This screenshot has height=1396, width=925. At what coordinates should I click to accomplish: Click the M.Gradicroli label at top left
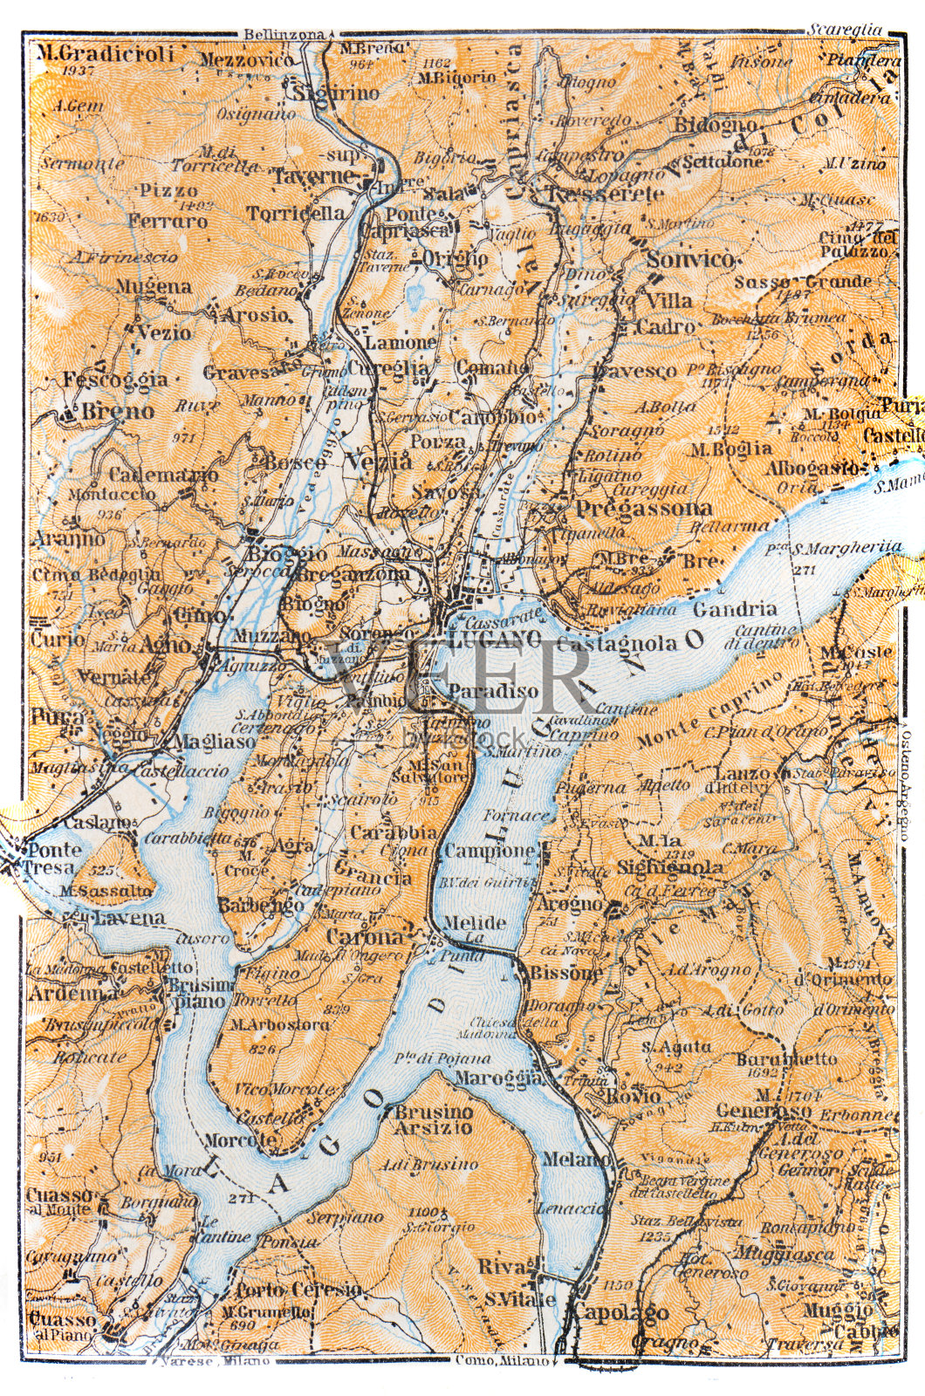coord(106,54)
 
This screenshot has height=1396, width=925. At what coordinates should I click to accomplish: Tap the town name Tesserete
coord(606,194)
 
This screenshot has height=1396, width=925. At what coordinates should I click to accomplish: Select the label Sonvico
coord(690,259)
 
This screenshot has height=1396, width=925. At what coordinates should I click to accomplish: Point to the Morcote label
coord(240,1139)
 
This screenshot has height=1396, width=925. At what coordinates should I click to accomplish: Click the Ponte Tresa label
coord(54,858)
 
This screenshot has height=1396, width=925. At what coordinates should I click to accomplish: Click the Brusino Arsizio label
coord(433,1119)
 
